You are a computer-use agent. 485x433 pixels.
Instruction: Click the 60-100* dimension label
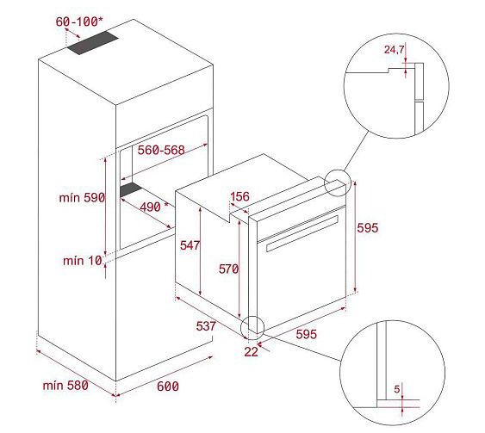(x=79, y=22)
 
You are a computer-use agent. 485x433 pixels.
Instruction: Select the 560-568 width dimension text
(x=161, y=150)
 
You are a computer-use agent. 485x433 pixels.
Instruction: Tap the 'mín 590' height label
(x=82, y=198)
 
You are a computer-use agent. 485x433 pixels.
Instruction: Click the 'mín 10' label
(x=83, y=261)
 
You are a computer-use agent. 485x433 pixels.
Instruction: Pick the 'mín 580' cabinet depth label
(x=65, y=386)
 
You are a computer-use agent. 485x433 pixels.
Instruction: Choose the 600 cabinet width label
(x=168, y=387)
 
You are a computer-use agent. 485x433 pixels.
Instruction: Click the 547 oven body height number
(x=190, y=245)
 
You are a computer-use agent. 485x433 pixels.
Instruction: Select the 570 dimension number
(x=228, y=269)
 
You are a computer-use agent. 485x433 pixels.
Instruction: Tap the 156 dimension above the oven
(x=240, y=196)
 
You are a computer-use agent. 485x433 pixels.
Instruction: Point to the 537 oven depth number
(x=206, y=326)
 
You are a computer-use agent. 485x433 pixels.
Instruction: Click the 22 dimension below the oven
(x=251, y=352)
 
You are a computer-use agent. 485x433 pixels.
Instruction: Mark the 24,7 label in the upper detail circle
(x=394, y=49)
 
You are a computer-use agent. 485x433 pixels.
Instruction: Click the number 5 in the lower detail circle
(x=397, y=389)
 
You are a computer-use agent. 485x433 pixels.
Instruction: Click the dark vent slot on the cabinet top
(x=93, y=43)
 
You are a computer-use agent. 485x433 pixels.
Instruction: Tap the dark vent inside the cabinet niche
(x=131, y=189)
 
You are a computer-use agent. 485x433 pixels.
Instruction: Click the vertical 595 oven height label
(x=368, y=228)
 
